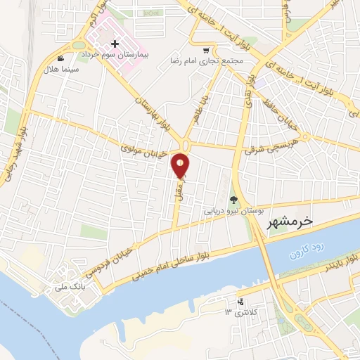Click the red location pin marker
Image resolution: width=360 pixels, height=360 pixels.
(x=181, y=165)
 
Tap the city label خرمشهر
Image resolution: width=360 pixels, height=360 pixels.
(x=289, y=222)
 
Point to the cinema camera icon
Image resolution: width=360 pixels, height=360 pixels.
(x=62, y=59)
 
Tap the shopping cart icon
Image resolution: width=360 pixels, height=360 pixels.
(x=205, y=51)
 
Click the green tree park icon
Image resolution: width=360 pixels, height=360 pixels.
(x=233, y=200)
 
